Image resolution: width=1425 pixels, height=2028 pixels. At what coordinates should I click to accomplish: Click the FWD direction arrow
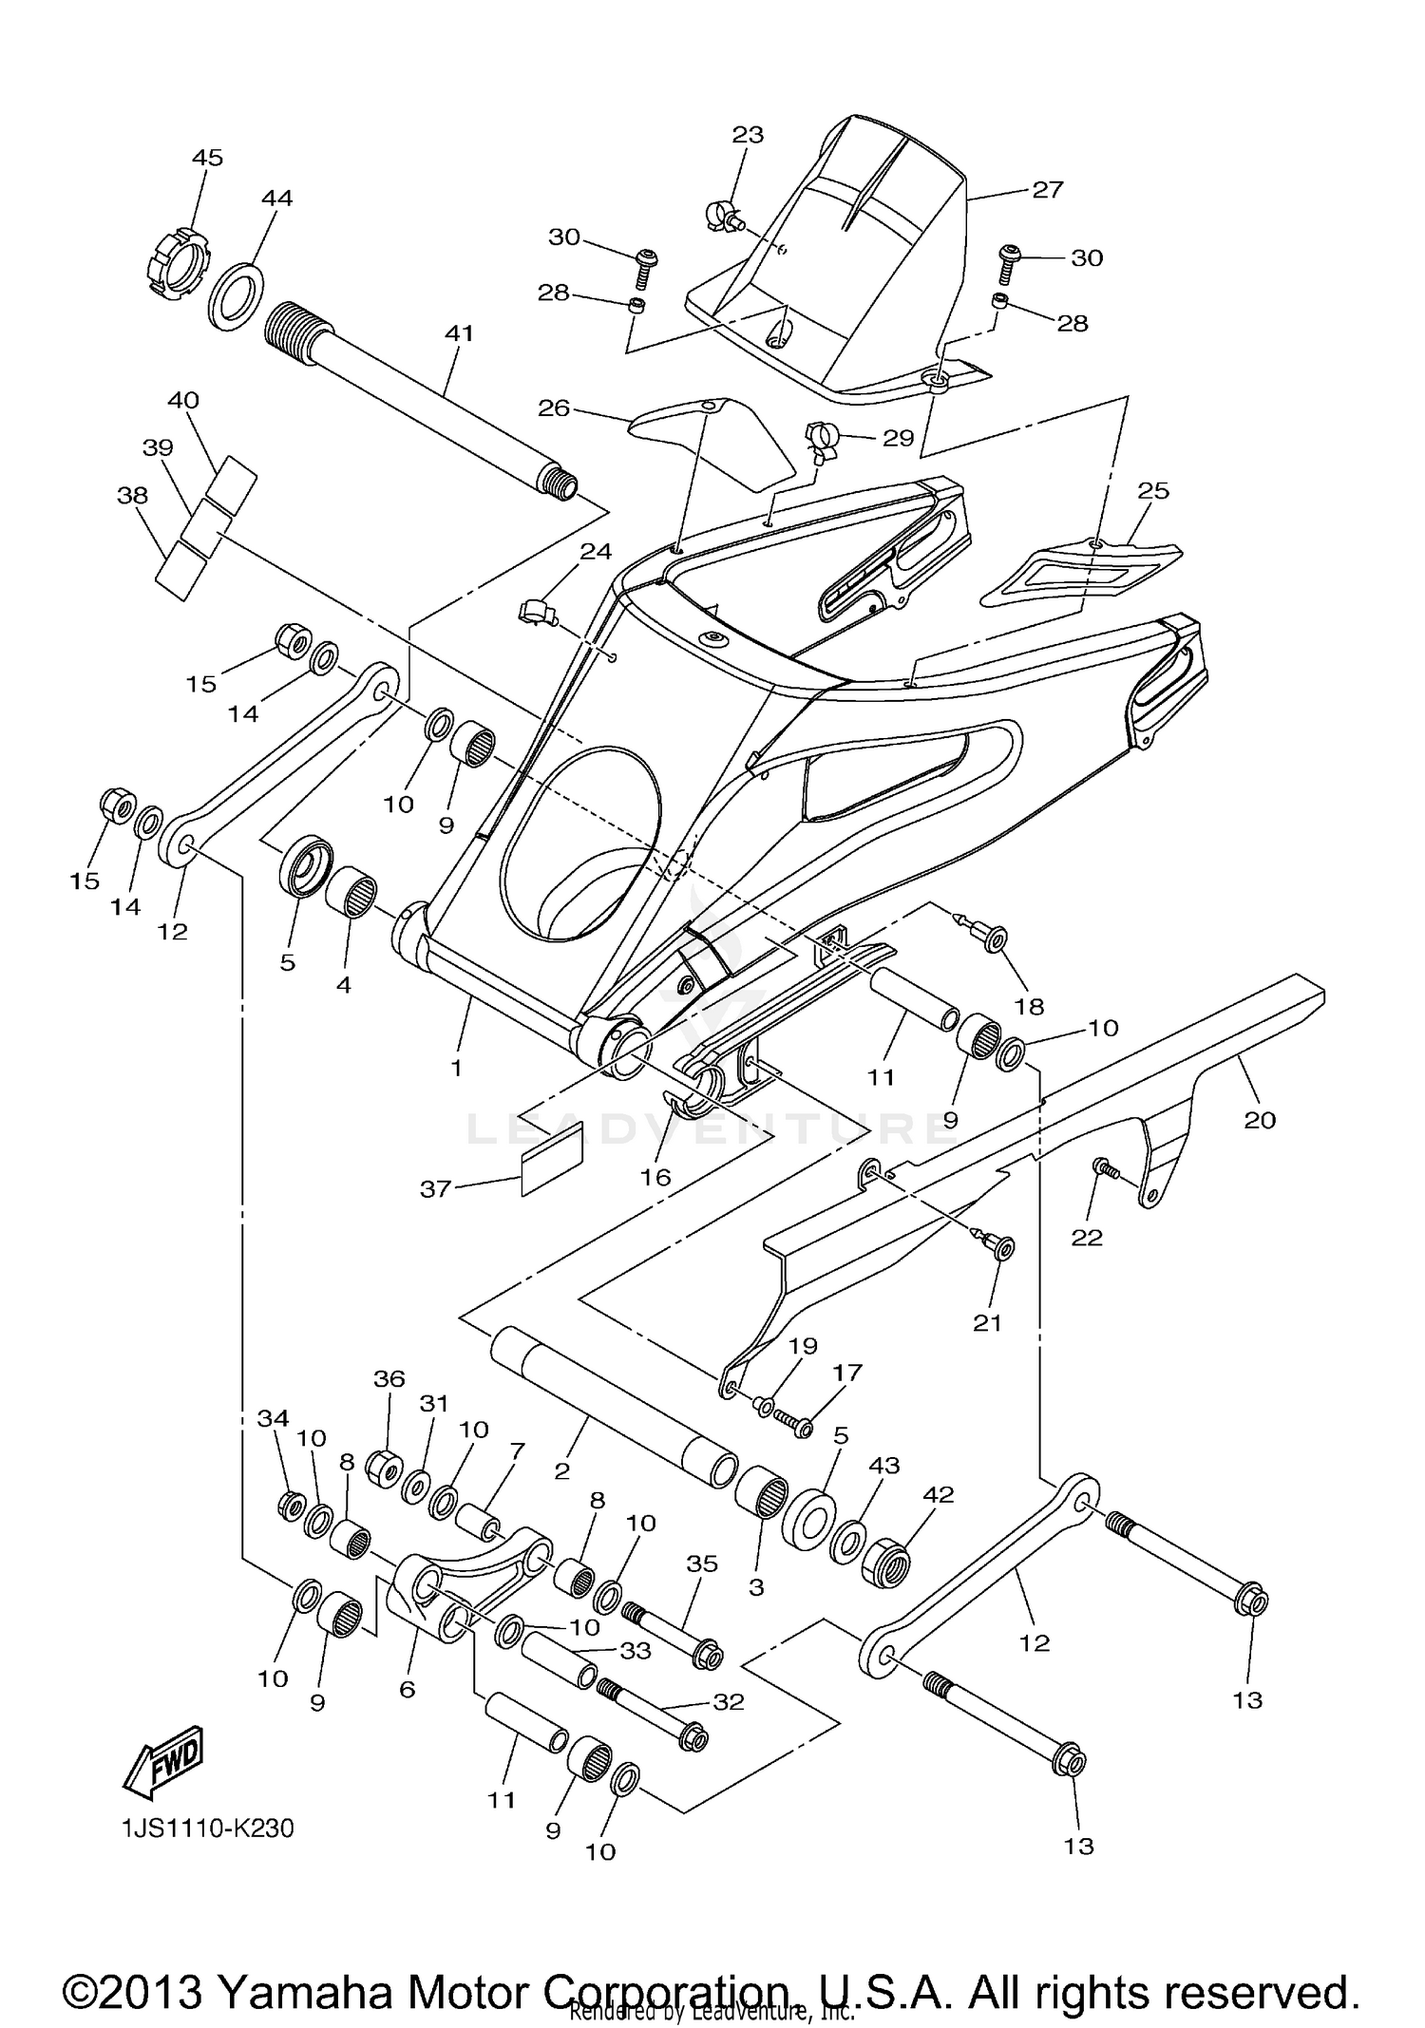(164, 1760)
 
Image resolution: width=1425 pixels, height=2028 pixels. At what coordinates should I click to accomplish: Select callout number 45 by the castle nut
(207, 158)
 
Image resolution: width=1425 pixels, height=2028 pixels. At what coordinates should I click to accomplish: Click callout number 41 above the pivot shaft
(459, 333)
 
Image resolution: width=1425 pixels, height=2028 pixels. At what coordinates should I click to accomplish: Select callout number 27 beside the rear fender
(1047, 190)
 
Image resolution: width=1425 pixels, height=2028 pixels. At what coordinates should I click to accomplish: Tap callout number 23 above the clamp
(748, 135)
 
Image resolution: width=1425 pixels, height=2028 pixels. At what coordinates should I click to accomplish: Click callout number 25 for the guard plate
(1152, 491)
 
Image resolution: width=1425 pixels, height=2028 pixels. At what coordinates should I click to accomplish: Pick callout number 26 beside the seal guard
(553, 408)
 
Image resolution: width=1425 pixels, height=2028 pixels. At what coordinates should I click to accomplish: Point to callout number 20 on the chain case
(1260, 1121)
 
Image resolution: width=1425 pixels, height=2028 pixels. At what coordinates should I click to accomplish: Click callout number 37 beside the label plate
(435, 1188)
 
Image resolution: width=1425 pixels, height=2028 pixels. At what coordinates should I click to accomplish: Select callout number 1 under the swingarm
(456, 1068)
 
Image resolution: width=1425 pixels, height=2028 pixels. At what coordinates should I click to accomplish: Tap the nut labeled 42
(886, 1560)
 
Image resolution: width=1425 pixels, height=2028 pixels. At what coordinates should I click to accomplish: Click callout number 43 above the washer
(883, 1466)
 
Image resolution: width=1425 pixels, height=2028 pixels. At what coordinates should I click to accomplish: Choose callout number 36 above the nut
(389, 1378)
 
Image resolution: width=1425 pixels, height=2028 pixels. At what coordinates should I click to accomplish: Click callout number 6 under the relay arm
(407, 1690)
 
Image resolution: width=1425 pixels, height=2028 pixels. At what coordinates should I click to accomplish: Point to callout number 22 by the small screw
(1087, 1238)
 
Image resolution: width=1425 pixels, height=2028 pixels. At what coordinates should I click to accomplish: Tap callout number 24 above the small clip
(596, 552)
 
